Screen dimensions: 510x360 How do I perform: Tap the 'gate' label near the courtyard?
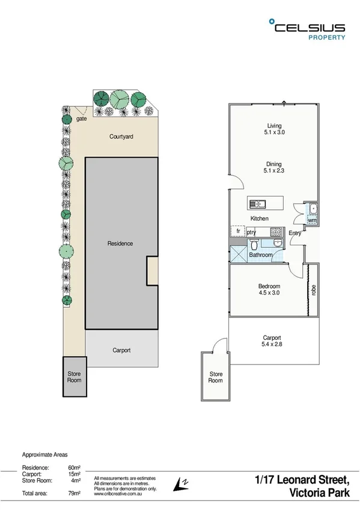82,119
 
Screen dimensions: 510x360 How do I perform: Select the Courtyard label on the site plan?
121,137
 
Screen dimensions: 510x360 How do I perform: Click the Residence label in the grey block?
120,244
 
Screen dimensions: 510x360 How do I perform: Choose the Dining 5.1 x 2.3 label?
274,167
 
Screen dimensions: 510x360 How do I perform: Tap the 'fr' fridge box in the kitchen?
237,231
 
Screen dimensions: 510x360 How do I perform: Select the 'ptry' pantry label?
251,232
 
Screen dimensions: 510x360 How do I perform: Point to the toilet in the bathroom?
255,244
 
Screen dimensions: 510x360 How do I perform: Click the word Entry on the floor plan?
294,233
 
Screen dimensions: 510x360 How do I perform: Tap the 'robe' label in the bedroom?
313,289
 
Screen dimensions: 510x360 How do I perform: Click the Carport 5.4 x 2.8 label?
272,342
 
